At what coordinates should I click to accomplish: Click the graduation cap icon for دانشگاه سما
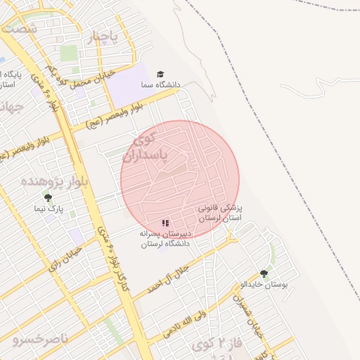click(160, 74)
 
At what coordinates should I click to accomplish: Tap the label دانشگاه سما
click(160, 85)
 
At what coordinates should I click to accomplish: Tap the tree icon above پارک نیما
click(48, 198)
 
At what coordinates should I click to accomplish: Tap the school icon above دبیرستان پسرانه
click(165, 223)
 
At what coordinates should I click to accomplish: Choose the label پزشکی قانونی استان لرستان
click(220, 214)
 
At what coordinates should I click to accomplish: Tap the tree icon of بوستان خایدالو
click(264, 274)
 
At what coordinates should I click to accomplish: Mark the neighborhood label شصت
click(19, 29)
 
